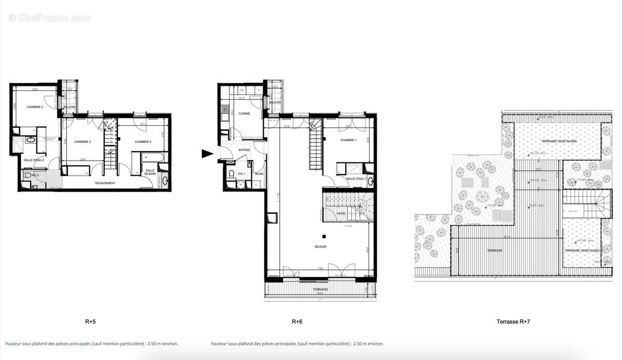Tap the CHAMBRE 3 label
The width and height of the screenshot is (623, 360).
pyautogui.click(x=83, y=142)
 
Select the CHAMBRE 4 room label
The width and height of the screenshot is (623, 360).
pyautogui.click(x=142, y=142)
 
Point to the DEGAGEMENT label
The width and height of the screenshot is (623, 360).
pyautogui.click(x=105, y=183)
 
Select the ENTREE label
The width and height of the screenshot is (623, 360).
pyautogui.click(x=244, y=150)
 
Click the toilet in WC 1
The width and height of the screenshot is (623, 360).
pyautogui.click(x=231, y=174)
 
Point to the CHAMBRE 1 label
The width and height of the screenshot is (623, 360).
pyautogui.click(x=348, y=140)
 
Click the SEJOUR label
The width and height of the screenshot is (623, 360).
pyautogui.click(x=320, y=247)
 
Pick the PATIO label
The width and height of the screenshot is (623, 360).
pyautogui.click(x=341, y=213)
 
